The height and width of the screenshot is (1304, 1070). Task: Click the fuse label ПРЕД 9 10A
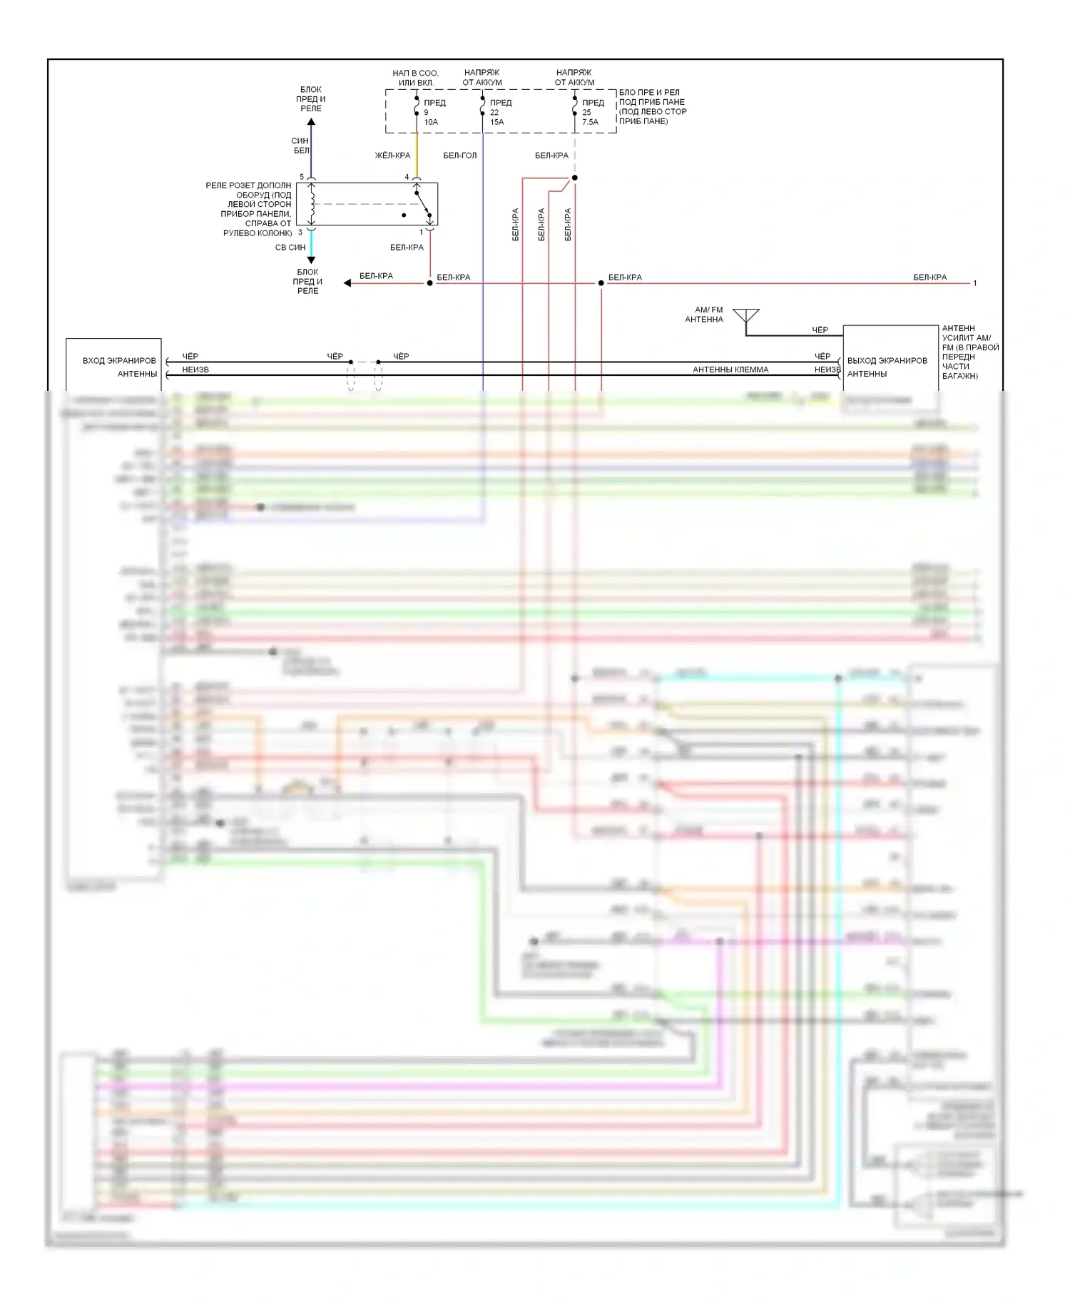click(x=434, y=112)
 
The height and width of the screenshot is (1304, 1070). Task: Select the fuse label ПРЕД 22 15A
click(x=499, y=112)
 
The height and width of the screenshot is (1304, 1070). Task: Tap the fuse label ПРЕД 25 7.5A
click(x=592, y=112)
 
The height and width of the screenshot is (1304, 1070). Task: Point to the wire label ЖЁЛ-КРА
click(x=392, y=156)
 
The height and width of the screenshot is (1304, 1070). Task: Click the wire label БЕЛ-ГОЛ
click(x=459, y=156)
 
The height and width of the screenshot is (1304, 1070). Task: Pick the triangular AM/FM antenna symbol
click(x=746, y=315)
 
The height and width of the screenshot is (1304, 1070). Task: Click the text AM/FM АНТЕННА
click(x=705, y=315)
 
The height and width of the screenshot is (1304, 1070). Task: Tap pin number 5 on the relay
click(x=302, y=177)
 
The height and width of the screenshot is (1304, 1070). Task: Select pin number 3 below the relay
click(x=300, y=232)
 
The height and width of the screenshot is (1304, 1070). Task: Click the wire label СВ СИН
click(x=290, y=248)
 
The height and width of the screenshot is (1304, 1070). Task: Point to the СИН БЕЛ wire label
click(x=301, y=146)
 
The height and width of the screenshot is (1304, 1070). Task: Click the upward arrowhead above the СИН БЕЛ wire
click(x=311, y=122)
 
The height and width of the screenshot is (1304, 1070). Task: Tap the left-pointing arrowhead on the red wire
click(x=347, y=283)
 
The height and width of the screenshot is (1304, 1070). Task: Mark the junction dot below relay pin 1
click(x=429, y=283)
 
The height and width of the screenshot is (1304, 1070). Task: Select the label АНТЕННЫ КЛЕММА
click(x=730, y=370)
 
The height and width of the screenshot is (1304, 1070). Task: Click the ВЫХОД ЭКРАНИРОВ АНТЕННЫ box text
click(x=887, y=367)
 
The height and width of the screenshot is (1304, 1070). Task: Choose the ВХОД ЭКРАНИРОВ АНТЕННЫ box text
click(x=119, y=367)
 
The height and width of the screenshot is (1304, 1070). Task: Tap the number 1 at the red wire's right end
click(x=975, y=283)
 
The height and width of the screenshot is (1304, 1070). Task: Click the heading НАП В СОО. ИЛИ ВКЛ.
click(x=416, y=78)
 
